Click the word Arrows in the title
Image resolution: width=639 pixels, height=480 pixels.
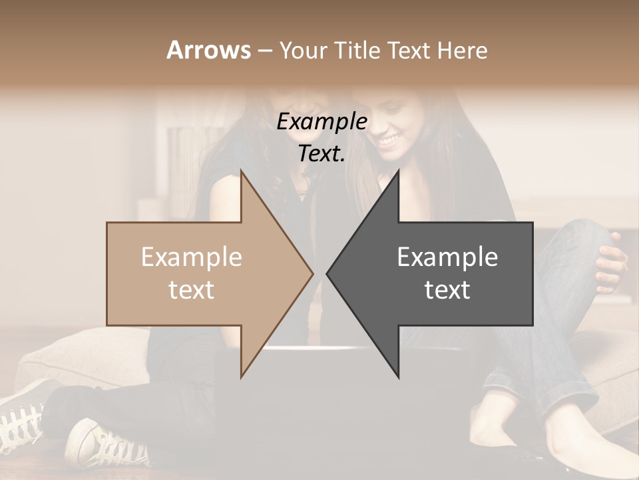click(208, 50)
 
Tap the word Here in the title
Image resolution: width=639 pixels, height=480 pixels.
click(461, 50)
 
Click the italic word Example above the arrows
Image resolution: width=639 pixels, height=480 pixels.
click(321, 122)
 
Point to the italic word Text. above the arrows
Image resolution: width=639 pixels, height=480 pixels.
click(321, 154)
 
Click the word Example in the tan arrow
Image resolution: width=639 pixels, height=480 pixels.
click(192, 257)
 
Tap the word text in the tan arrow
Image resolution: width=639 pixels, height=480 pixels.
click(192, 290)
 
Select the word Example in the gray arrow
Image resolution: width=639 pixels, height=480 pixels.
click(447, 257)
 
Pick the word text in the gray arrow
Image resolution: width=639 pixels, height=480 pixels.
click(447, 290)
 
